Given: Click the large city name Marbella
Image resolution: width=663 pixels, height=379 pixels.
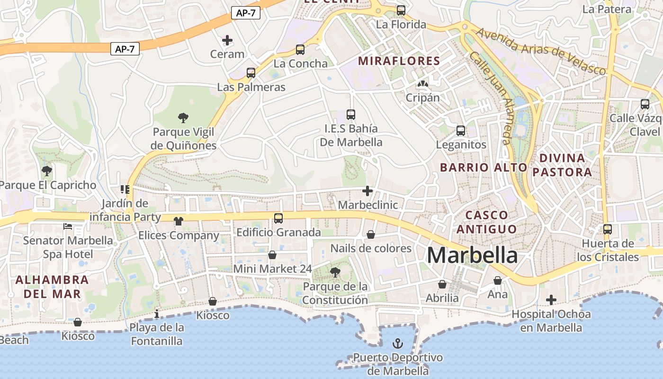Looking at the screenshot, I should click(x=472, y=255).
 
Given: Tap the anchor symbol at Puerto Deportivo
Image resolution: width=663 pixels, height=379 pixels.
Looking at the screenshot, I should click(x=398, y=343).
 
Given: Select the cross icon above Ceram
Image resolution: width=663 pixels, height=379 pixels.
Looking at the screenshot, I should click(x=227, y=40).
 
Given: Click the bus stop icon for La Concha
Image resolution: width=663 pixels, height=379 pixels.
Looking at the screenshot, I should click(x=300, y=49).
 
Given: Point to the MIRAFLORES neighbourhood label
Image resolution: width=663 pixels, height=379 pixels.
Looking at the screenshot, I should click(x=399, y=61).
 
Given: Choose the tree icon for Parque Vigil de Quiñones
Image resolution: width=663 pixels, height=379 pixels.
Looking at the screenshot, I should click(x=183, y=118).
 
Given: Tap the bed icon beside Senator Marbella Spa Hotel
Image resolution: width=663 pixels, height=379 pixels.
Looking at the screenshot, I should click(x=68, y=227).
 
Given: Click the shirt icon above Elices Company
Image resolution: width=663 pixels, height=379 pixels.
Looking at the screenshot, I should click(x=179, y=221).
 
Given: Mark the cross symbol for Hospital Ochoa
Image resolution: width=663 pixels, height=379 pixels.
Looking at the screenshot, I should click(x=551, y=300).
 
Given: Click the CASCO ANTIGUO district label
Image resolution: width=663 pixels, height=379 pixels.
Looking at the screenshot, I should click(x=491, y=222).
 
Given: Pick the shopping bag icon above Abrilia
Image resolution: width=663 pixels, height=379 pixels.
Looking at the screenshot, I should click(x=442, y=284).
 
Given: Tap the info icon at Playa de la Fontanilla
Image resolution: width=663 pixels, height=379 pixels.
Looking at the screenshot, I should click(x=157, y=314).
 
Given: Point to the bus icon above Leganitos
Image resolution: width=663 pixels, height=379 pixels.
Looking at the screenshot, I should click(x=460, y=131).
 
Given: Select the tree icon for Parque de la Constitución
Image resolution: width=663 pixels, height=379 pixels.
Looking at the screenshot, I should click(x=335, y=272).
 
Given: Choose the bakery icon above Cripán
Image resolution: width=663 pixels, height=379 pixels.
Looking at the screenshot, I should click(x=422, y=84).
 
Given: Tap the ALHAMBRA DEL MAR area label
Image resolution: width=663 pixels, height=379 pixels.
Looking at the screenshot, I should click(x=52, y=287).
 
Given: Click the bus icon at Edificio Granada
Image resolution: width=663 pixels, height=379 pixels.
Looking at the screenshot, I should click(x=278, y=218).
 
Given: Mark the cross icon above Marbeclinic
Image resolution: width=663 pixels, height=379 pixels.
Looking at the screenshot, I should click(x=367, y=191).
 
